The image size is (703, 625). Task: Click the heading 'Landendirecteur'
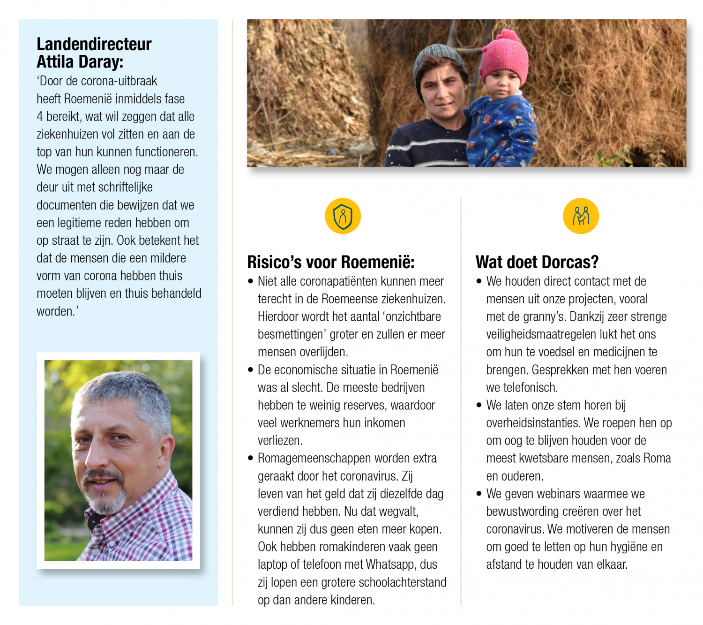(x=94, y=44)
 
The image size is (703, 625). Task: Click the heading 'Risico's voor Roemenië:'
(x=330, y=262)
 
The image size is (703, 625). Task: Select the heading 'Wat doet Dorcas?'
(x=537, y=262)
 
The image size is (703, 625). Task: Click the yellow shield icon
(x=343, y=216)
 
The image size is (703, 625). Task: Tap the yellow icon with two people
(x=581, y=216)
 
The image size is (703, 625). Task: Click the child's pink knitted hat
(x=505, y=59)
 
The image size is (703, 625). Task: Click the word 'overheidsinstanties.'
(x=533, y=423)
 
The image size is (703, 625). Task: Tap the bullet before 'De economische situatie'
(x=251, y=370)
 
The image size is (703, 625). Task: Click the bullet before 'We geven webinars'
(x=479, y=494)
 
